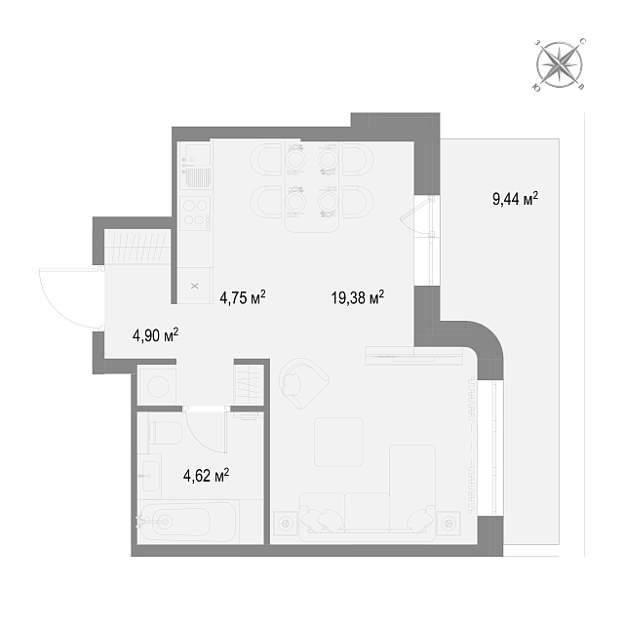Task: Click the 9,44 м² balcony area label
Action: coord(516,198)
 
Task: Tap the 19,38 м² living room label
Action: coord(358,296)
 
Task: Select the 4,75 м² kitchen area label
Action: coord(243,296)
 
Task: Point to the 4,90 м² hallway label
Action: coord(155,335)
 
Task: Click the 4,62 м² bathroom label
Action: coord(206,475)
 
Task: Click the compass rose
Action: coord(559,65)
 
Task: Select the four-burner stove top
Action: coord(195,213)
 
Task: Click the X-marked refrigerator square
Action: coord(195,286)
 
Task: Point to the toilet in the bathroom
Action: coord(165,433)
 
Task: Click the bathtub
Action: coord(188,522)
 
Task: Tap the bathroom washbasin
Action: coord(151,476)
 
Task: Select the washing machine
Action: coord(158,385)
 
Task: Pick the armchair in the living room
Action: coord(302,383)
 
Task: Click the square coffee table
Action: coord(338,442)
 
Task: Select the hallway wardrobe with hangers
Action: coord(137,247)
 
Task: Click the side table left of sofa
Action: coord(286,524)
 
